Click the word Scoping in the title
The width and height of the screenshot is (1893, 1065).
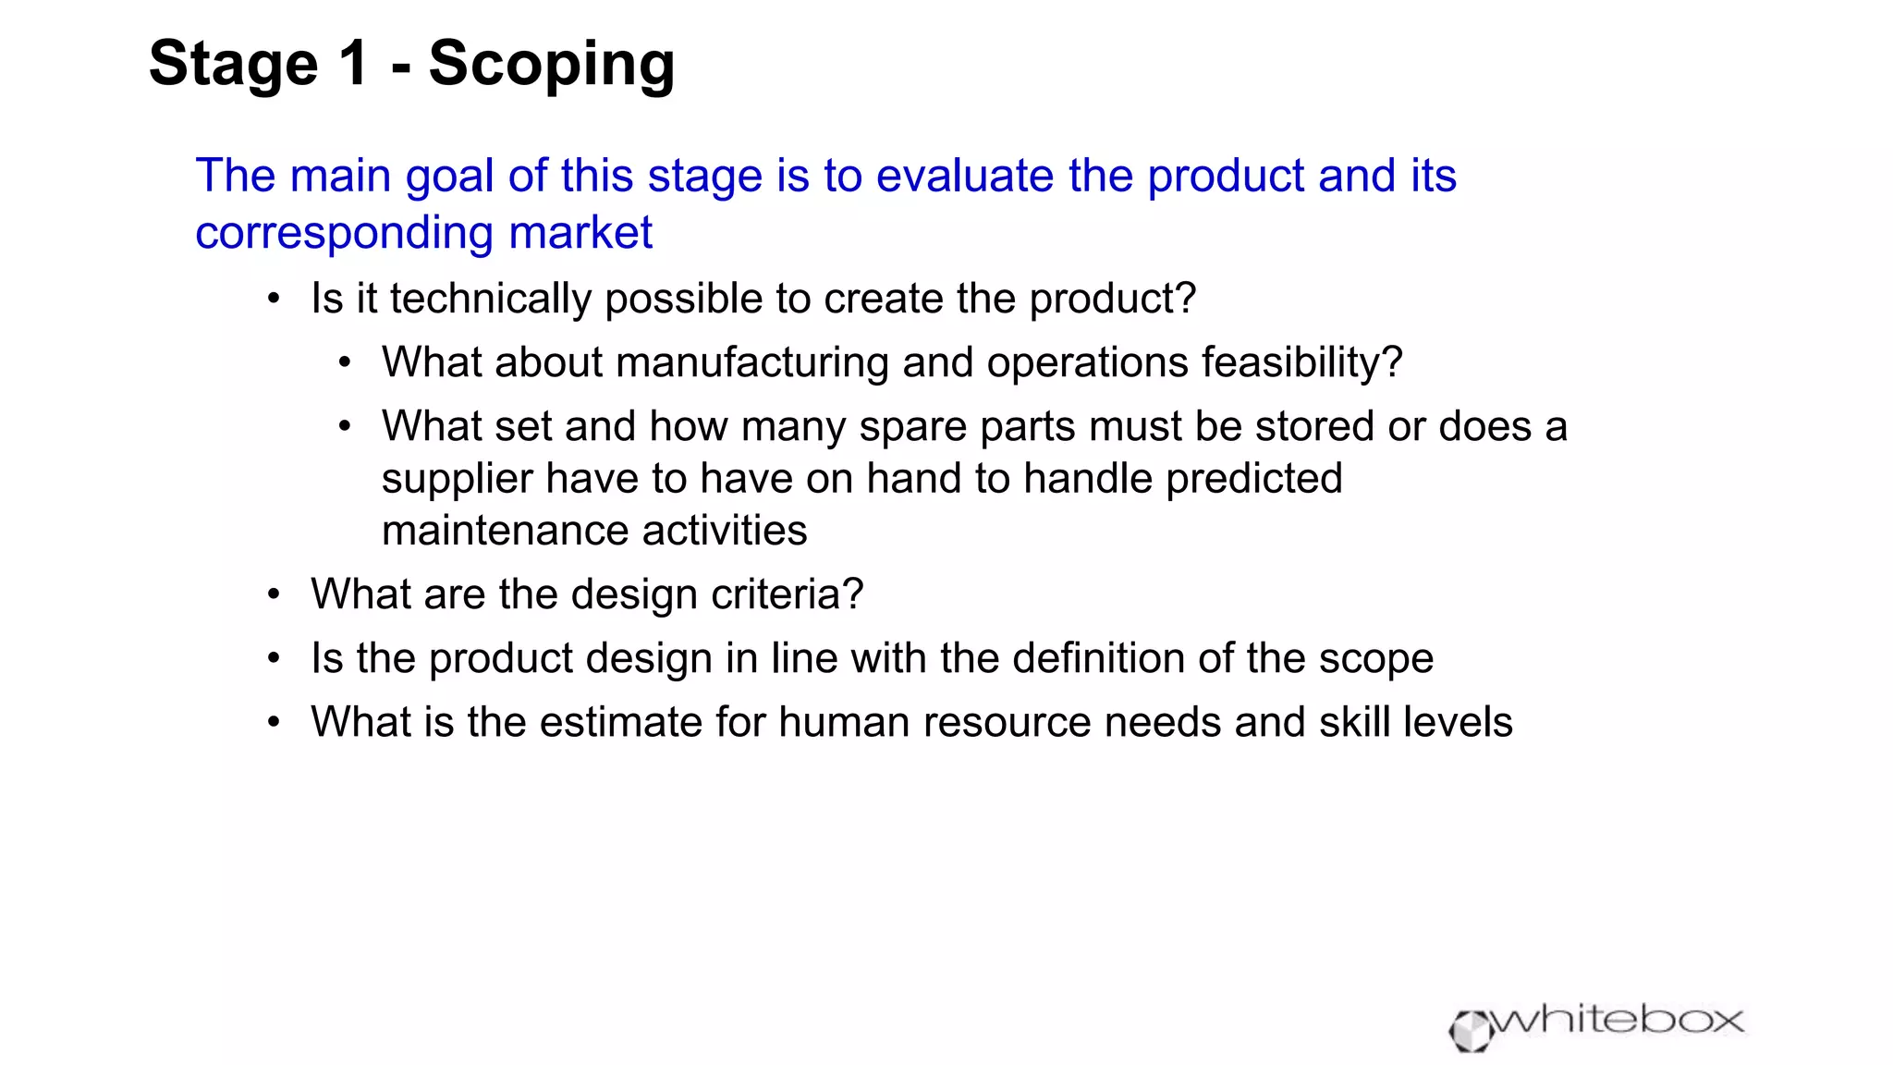[x=552, y=65]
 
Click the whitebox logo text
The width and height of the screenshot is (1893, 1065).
[x=1618, y=1021]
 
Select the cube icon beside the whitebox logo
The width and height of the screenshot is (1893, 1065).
[x=1470, y=1031]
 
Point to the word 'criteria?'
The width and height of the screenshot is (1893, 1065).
[x=787, y=594]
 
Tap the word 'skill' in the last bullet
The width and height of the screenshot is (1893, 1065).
[x=1354, y=722]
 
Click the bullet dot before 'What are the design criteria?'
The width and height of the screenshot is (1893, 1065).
[x=274, y=594]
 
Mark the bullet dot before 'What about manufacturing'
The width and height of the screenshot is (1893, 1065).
[x=345, y=362]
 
